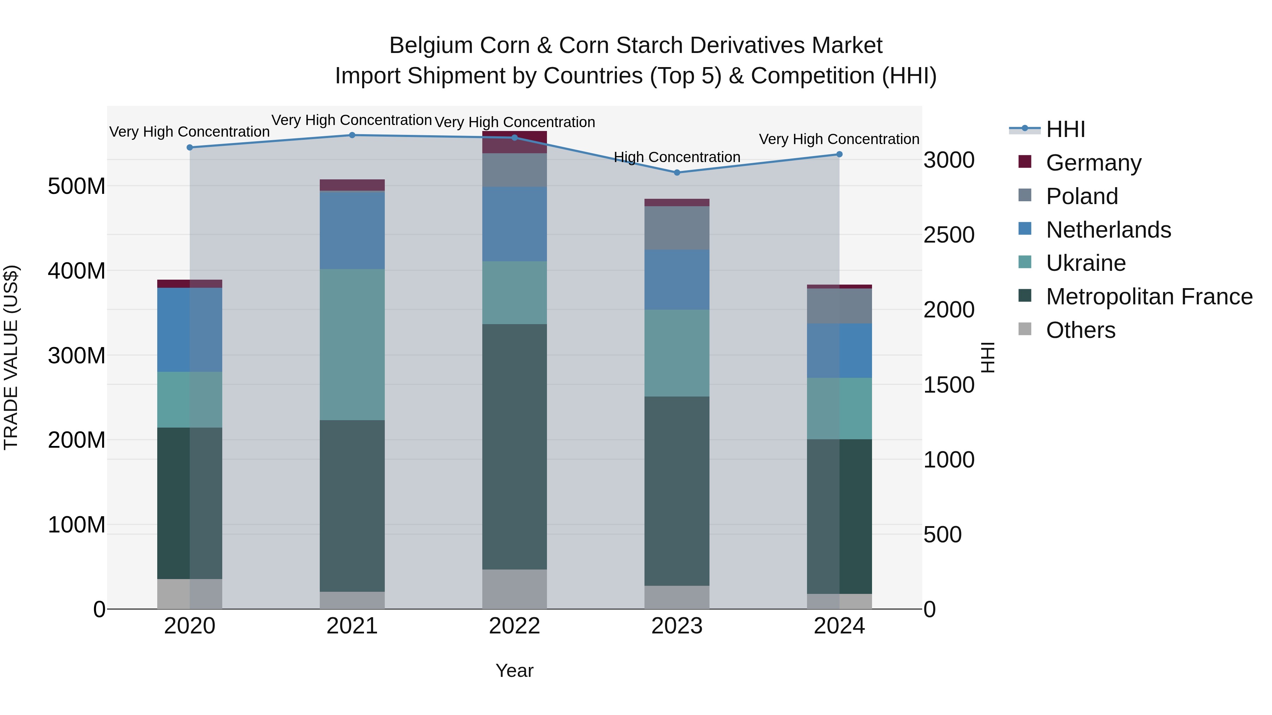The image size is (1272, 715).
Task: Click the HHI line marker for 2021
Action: (x=352, y=135)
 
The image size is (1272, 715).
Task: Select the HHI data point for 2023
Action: (x=677, y=173)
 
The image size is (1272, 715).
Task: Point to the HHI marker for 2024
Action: (x=840, y=154)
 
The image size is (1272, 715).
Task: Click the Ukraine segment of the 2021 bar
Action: (x=352, y=344)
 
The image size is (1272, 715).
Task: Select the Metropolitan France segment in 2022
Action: (x=514, y=447)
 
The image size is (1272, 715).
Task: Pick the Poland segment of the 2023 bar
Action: (x=677, y=228)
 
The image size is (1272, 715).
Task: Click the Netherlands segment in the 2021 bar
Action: (x=352, y=230)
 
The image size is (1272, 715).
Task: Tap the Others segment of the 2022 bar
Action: (x=514, y=589)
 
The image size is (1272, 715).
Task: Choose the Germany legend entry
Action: (x=1093, y=163)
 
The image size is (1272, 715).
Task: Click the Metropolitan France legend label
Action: (x=1149, y=297)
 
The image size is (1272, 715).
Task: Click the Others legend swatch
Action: (x=1025, y=329)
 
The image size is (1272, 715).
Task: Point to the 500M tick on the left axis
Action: (x=77, y=186)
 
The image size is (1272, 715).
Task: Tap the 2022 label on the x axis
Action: (x=514, y=626)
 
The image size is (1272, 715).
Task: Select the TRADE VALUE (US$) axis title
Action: (x=11, y=357)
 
